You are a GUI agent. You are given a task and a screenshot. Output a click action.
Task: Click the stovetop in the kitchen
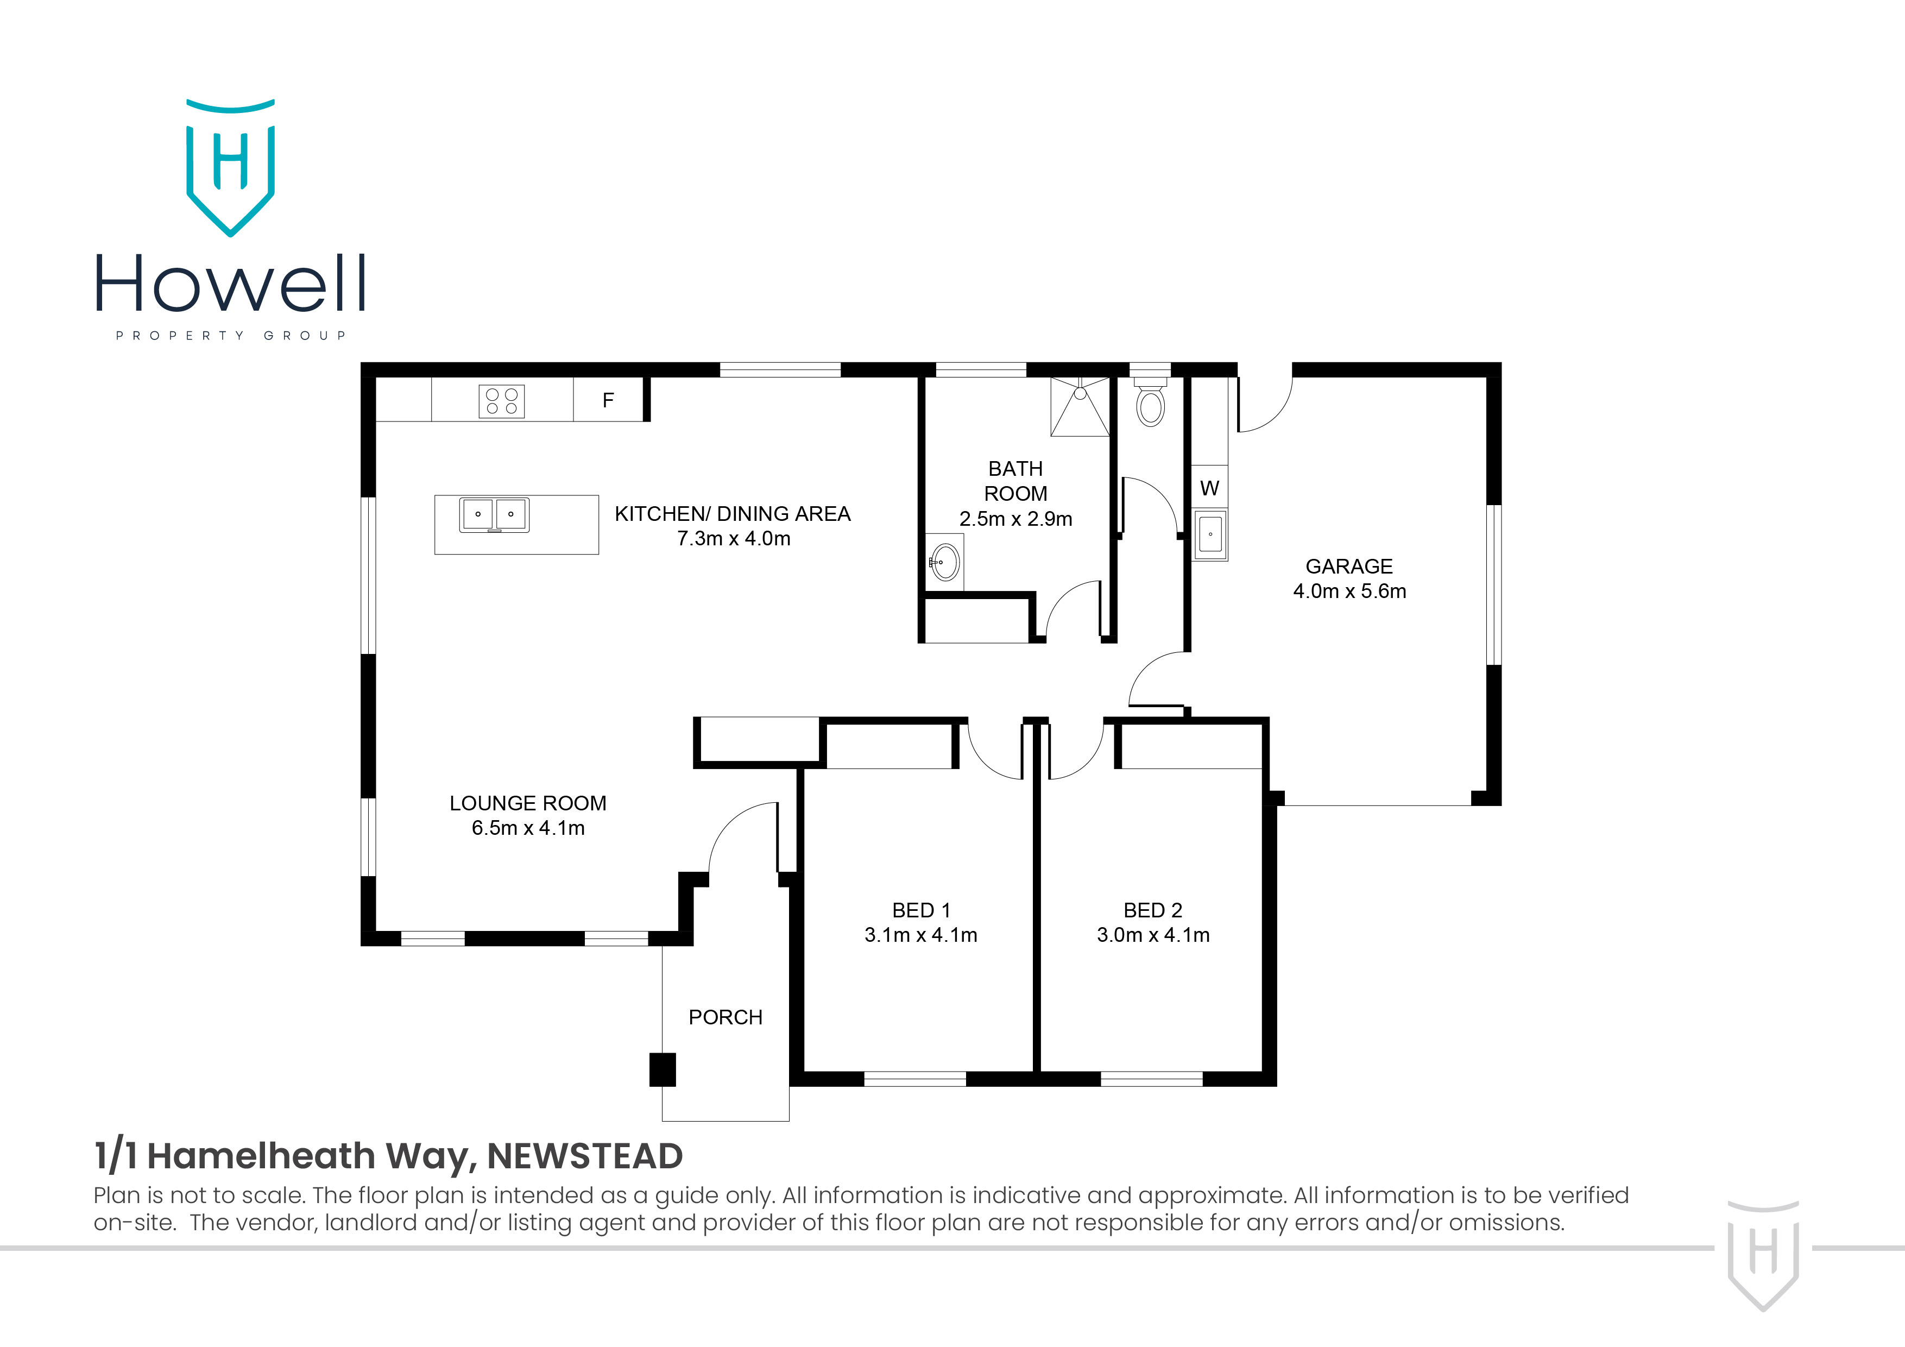pos(501,401)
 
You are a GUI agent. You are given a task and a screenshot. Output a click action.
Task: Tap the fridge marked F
pos(608,401)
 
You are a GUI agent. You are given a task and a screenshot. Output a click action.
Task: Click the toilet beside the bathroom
pos(1150,404)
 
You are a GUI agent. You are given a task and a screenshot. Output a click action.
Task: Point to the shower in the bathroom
pos(1080,407)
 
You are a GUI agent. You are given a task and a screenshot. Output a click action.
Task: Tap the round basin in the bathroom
pos(945,563)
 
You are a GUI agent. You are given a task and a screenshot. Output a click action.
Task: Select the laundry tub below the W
pos(1210,534)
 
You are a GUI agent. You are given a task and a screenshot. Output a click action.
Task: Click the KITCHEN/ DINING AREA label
pos(733,514)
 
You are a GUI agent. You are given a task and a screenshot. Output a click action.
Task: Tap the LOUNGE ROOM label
pos(528,803)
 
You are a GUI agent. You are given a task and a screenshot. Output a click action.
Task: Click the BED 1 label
pos(921,910)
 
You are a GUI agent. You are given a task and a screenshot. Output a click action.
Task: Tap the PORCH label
pos(725,1017)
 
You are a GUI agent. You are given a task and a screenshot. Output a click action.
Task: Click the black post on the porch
pos(662,1070)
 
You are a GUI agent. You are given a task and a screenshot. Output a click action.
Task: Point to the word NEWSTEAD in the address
pos(585,1156)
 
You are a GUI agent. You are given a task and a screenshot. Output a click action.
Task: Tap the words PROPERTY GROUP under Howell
pos(231,335)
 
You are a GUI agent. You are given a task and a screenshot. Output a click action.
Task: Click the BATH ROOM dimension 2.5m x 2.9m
pos(1015,520)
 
